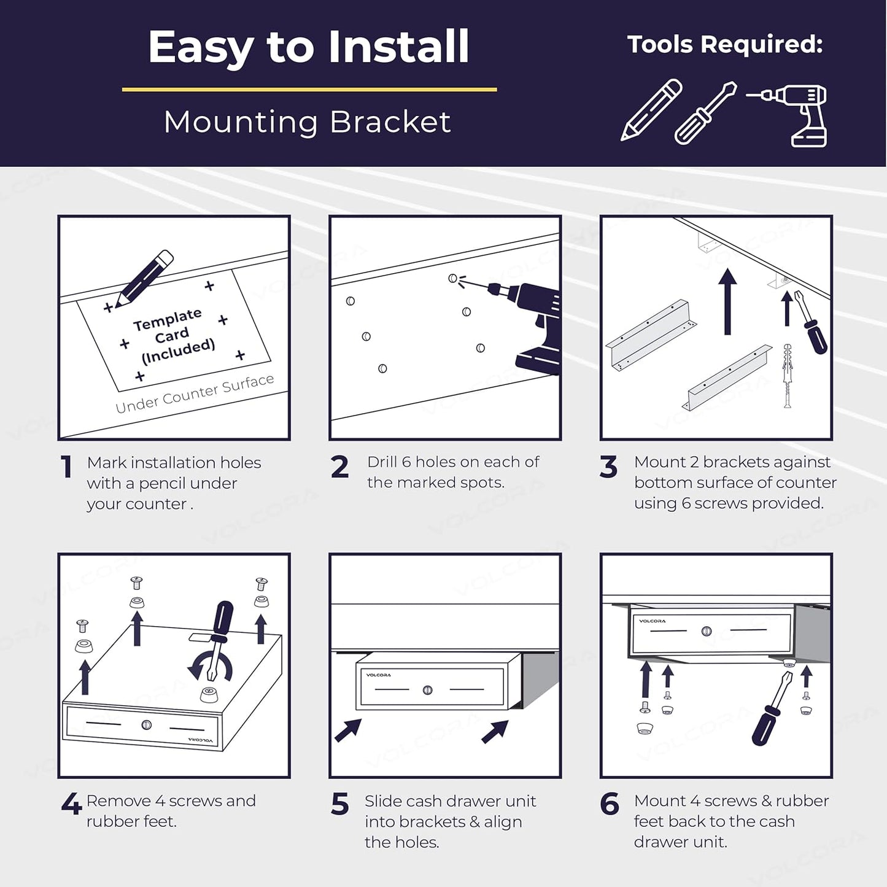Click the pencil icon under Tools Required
(651, 109)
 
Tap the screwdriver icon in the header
(706, 113)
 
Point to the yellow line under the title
(309, 89)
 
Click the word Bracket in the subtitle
(390, 122)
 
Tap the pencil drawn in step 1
(144, 279)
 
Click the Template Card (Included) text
(173, 336)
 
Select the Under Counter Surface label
(195, 393)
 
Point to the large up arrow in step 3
(727, 301)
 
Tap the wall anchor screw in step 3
(788, 376)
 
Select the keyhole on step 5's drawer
(428, 690)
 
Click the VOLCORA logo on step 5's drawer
(378, 675)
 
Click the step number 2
(340, 467)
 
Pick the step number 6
(610, 805)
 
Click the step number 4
(72, 805)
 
